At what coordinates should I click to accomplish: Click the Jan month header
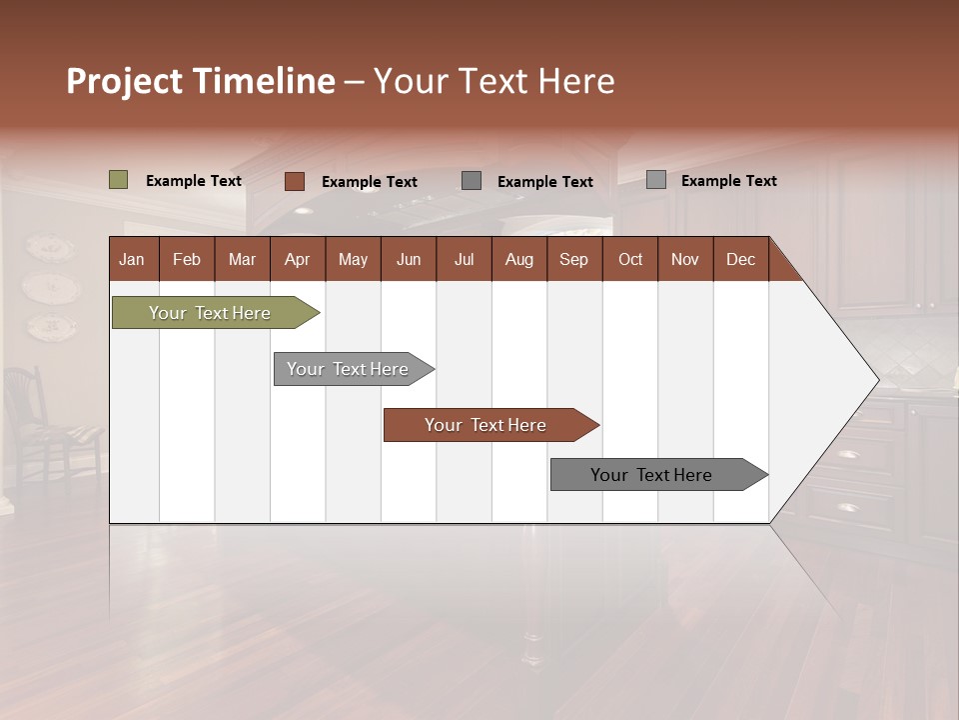(133, 259)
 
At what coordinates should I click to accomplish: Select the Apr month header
(298, 259)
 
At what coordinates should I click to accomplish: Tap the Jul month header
(464, 259)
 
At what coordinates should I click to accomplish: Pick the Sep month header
(574, 259)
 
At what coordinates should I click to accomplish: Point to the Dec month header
(740, 259)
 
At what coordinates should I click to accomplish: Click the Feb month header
(187, 259)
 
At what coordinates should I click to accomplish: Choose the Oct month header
(630, 259)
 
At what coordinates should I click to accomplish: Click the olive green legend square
(119, 180)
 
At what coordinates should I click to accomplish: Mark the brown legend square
(295, 181)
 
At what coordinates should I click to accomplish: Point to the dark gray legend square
(472, 180)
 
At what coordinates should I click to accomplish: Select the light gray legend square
(656, 180)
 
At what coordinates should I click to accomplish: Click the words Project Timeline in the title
(200, 81)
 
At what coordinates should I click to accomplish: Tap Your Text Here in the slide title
(493, 81)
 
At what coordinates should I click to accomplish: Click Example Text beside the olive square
(194, 181)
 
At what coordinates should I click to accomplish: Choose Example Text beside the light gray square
(728, 181)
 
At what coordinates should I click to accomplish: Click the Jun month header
(409, 259)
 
